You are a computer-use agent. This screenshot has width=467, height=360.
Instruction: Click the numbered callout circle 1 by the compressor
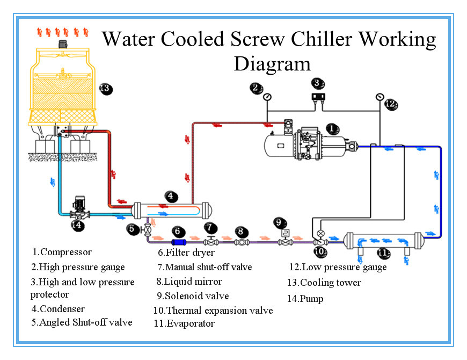[333, 128]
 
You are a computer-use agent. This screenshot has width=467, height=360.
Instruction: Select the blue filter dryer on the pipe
[178, 243]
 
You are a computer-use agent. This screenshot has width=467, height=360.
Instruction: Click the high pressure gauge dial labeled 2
[267, 97]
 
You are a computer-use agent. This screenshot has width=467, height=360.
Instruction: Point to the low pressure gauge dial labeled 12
[380, 97]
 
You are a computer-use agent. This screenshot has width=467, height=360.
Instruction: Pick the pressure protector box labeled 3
[319, 97]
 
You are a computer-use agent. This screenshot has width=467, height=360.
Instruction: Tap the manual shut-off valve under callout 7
[211, 241]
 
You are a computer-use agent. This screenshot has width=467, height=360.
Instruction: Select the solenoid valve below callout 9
[284, 241]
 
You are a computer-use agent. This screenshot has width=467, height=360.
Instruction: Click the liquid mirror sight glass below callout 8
[242, 243]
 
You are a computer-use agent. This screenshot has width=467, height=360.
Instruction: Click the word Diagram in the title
[272, 63]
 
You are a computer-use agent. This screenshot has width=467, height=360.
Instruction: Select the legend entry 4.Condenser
[58, 309]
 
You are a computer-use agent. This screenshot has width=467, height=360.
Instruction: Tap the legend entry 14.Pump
[305, 298]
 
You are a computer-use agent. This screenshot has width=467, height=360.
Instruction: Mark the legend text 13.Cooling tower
[324, 283]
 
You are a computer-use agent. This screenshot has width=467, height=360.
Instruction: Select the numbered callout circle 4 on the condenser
[170, 196]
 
